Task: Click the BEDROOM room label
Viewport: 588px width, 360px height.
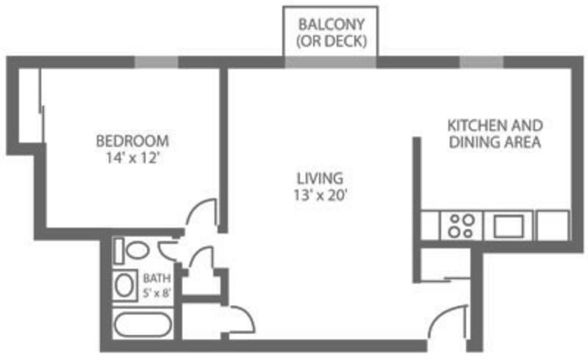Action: pos(132,141)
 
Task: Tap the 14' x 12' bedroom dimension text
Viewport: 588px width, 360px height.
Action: pos(133,158)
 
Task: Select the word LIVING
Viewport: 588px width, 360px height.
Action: pos(320,179)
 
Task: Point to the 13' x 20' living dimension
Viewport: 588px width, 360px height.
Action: pos(320,195)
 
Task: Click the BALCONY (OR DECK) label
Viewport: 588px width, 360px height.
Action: pos(331,32)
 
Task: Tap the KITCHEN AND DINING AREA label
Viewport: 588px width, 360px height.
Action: pos(495,134)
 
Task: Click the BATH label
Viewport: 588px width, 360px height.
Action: pos(157,278)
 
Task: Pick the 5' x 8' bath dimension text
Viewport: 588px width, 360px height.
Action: pos(157,292)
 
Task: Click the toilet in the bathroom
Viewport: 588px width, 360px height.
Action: pos(132,250)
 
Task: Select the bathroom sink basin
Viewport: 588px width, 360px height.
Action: pos(124,285)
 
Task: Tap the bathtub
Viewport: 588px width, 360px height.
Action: pos(143,325)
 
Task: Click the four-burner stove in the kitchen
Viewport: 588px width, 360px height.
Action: pos(461,226)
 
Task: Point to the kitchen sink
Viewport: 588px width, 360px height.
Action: pos(509,226)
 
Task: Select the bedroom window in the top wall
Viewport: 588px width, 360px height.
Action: pos(157,62)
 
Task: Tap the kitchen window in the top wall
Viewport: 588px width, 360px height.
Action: pos(481,62)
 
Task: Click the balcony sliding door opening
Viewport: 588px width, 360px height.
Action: pos(330,62)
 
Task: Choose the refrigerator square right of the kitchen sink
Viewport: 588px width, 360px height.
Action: pos(553,226)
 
